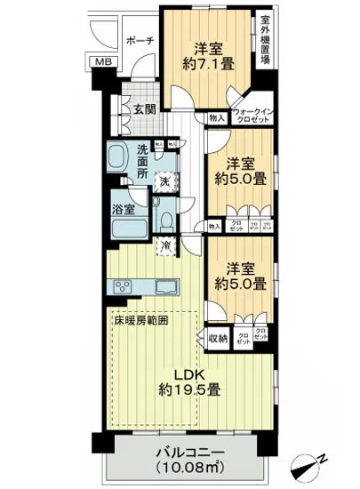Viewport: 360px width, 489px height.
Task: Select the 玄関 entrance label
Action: pyautogui.click(x=145, y=109)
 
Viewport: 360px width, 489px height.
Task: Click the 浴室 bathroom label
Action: pyautogui.click(x=123, y=211)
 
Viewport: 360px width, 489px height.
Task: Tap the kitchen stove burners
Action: pyautogui.click(x=122, y=286)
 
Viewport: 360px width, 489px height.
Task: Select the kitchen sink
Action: pyautogui.click(x=166, y=286)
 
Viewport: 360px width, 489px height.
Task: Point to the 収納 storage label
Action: pyautogui.click(x=217, y=337)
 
